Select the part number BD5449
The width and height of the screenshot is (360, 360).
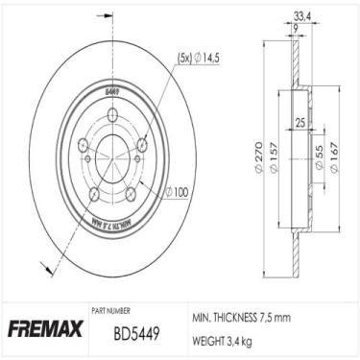tap(123, 338)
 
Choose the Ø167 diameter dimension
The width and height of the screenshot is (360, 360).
tap(333, 159)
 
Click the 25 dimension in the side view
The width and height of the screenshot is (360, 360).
tap(301, 123)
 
